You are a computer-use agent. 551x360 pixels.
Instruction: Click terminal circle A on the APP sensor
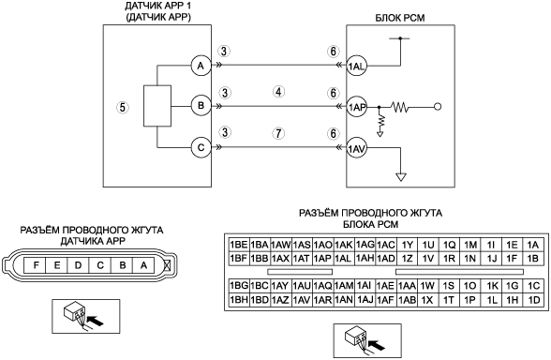pyautogui.click(x=201, y=66)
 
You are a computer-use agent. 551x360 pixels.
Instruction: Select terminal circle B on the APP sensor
pyautogui.click(x=201, y=105)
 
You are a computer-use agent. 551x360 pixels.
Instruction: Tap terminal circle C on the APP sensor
pyautogui.click(x=201, y=147)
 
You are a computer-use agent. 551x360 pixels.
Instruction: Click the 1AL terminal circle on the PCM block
pyautogui.click(x=356, y=66)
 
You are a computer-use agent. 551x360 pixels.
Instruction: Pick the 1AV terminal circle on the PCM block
pyautogui.click(x=356, y=149)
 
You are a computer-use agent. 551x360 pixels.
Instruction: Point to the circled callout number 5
pyautogui.click(x=122, y=107)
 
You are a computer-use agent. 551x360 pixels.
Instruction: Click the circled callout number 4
pyautogui.click(x=278, y=92)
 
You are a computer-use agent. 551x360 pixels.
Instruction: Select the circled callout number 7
pyautogui.click(x=278, y=133)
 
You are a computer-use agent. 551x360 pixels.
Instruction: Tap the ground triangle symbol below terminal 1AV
pyautogui.click(x=401, y=176)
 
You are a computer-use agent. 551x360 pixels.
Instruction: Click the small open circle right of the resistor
pyautogui.click(x=438, y=106)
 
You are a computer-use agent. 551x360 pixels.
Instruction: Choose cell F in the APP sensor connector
pyautogui.click(x=36, y=264)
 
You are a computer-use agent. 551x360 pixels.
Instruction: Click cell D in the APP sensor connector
pyautogui.click(x=79, y=264)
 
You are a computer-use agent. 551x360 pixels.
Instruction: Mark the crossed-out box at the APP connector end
pyautogui.click(x=168, y=264)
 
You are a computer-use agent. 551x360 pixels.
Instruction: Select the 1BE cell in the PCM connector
pyautogui.click(x=239, y=245)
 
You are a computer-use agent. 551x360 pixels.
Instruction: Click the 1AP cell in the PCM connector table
pyautogui.click(x=322, y=259)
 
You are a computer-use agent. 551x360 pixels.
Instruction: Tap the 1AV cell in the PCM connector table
pyautogui.click(x=302, y=300)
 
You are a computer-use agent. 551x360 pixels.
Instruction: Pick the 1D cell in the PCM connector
pyautogui.click(x=533, y=300)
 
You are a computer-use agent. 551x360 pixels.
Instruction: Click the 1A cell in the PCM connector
pyautogui.click(x=533, y=245)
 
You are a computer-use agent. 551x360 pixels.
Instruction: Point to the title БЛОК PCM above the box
pyautogui.click(x=400, y=18)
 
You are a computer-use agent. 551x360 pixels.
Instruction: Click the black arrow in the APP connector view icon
pyautogui.click(x=96, y=321)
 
